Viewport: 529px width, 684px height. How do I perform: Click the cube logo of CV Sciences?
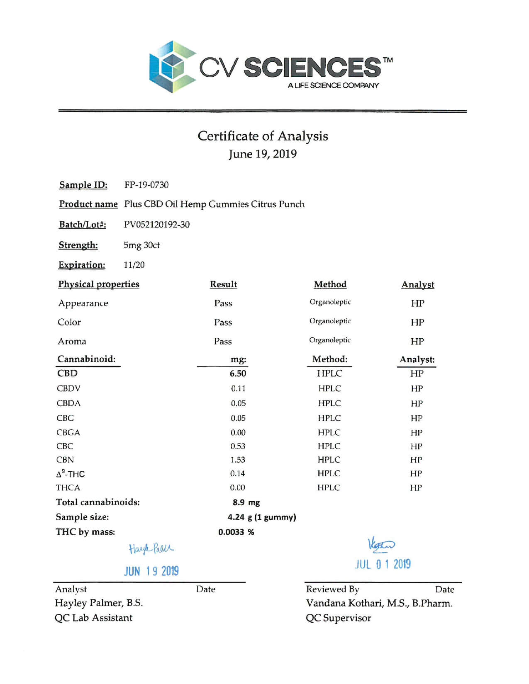pyautogui.click(x=172, y=66)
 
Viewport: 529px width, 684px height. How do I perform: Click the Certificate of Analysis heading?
pyautogui.click(x=263, y=136)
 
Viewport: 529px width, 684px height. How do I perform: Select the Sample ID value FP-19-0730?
pyautogui.click(x=146, y=185)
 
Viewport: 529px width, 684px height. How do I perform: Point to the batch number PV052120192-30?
pyautogui.click(x=156, y=225)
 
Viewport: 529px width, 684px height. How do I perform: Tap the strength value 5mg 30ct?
pyautogui.click(x=141, y=245)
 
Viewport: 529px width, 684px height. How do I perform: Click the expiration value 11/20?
pyautogui.click(x=134, y=265)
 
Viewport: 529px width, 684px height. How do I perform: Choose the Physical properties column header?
pyautogui.click(x=99, y=284)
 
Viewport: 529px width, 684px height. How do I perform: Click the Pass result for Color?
pyautogui.click(x=223, y=323)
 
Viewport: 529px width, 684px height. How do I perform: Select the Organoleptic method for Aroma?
pyautogui.click(x=330, y=340)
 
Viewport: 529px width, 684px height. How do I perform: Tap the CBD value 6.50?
pyautogui.click(x=238, y=374)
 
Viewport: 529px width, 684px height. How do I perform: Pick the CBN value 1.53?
pyautogui.click(x=238, y=460)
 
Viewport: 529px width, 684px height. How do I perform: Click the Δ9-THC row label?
pyautogui.click(x=71, y=473)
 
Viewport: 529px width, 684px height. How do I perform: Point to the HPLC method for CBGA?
pyautogui.click(x=329, y=433)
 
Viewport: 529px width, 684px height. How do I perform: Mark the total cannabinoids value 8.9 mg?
pyautogui.click(x=246, y=502)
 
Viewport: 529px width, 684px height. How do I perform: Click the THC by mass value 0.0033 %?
pyautogui.click(x=236, y=532)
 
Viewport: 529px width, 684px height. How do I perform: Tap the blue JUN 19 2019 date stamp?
pyautogui.click(x=151, y=571)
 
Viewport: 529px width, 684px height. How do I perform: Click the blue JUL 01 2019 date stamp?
pyautogui.click(x=383, y=564)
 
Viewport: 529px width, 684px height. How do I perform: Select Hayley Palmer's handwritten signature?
pyautogui.click(x=151, y=549)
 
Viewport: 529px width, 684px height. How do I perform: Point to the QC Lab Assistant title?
pyautogui.click(x=93, y=618)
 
